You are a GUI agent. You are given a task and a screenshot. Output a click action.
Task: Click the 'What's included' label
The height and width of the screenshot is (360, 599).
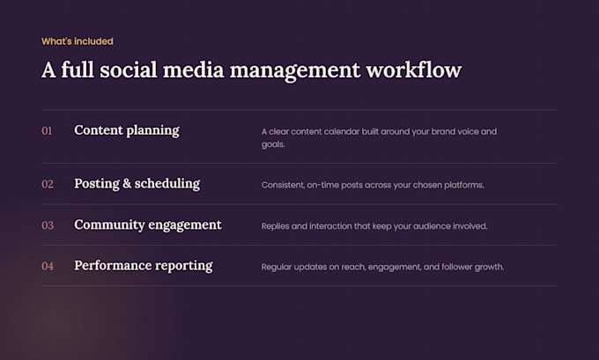(x=78, y=41)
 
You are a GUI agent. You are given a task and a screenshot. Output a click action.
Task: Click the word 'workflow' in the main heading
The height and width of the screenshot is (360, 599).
(x=414, y=70)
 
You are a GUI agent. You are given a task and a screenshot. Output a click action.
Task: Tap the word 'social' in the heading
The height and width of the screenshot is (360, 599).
(x=129, y=70)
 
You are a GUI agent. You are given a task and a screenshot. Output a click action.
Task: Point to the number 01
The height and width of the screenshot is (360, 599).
(x=47, y=131)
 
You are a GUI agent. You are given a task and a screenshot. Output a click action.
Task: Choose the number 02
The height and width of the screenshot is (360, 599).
(x=48, y=184)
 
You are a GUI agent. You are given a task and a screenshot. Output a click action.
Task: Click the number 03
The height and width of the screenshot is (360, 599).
(x=48, y=225)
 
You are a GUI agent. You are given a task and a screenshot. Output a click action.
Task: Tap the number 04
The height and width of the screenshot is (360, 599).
(x=48, y=266)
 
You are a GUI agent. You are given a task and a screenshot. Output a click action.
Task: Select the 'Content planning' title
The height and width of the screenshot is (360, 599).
(x=127, y=130)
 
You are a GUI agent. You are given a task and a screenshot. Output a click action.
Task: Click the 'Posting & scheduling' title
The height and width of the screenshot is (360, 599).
(x=137, y=184)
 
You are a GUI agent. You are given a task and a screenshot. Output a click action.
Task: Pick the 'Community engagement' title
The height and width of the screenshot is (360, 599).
(x=148, y=224)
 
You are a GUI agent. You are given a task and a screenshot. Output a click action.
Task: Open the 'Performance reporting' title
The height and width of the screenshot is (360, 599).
(x=144, y=266)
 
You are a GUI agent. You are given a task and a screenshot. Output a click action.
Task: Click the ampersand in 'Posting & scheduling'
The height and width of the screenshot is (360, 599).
(x=127, y=184)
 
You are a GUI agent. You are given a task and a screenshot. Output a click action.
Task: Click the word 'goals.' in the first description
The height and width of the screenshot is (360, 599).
(x=273, y=144)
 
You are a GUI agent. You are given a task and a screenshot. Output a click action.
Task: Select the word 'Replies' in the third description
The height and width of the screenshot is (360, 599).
(x=275, y=226)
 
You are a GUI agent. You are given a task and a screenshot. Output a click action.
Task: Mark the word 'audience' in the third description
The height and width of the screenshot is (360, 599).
(x=432, y=226)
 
